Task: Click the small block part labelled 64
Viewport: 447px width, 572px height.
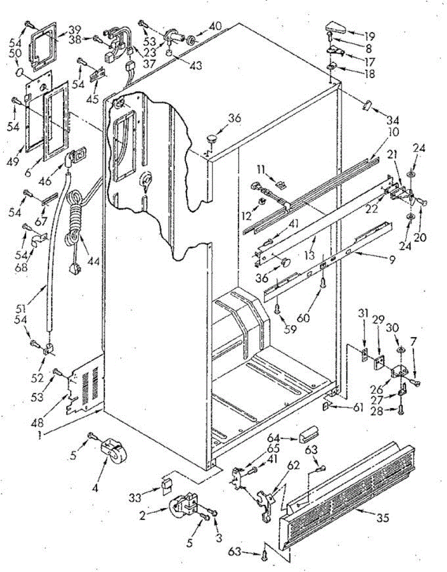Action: [x=307, y=436]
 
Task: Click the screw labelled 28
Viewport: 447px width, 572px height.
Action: [x=401, y=409]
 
